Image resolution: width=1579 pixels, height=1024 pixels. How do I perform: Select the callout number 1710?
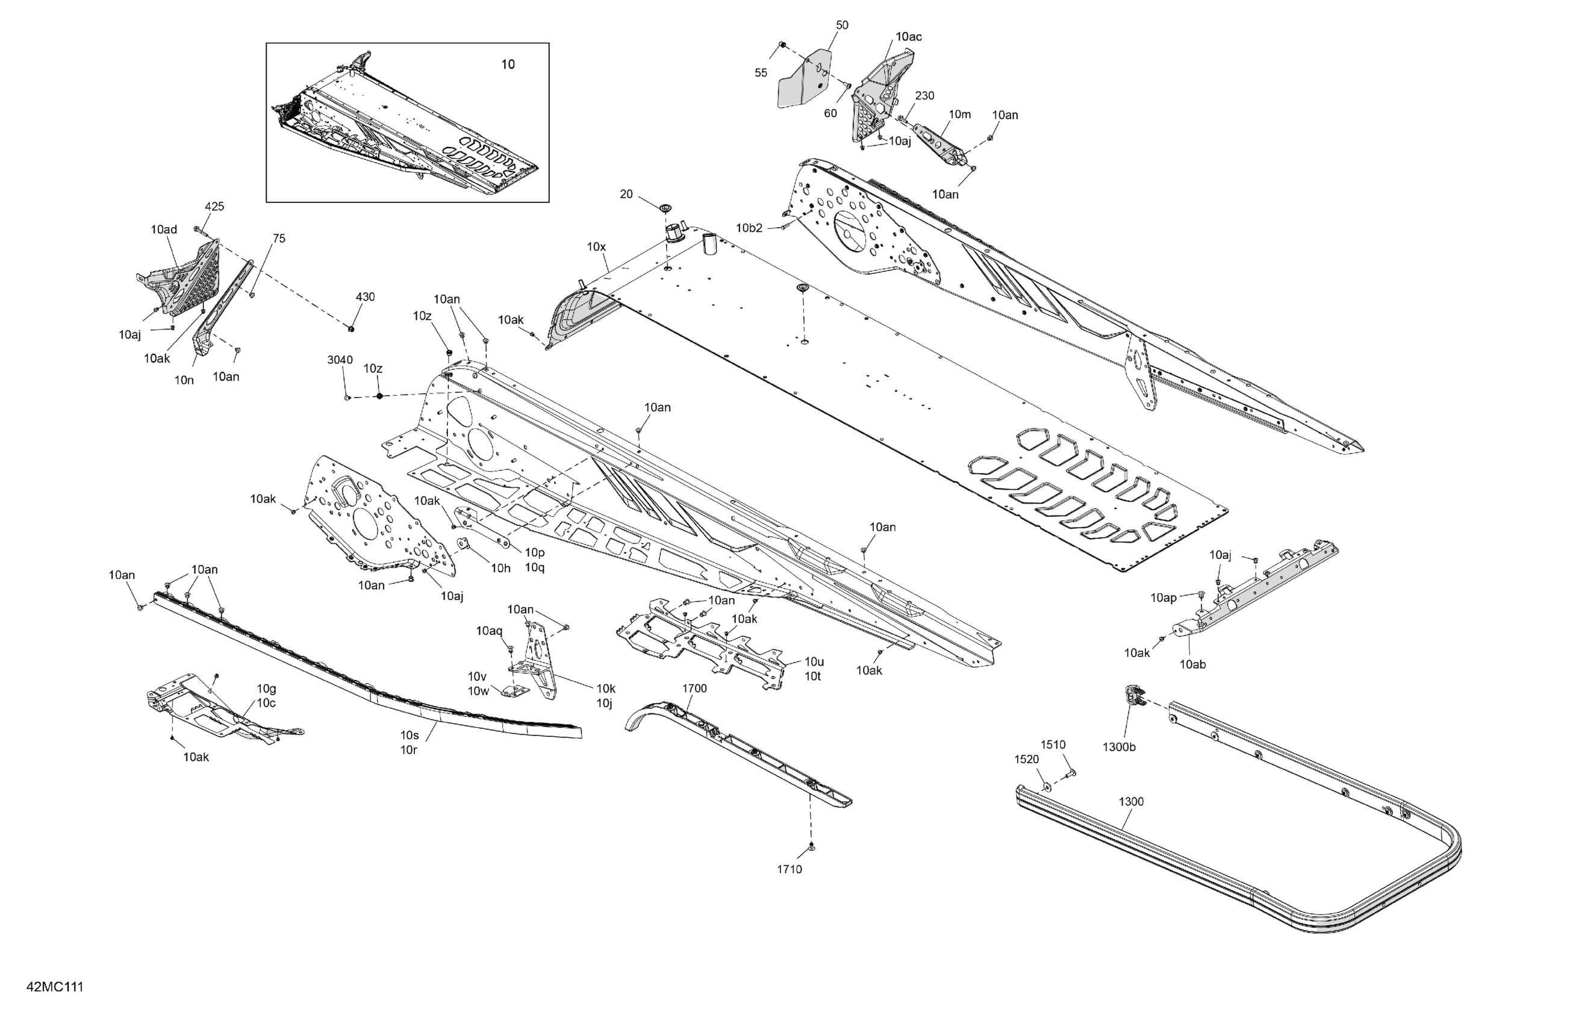pyautogui.click(x=789, y=869)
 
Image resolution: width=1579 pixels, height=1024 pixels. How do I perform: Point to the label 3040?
pyautogui.click(x=340, y=360)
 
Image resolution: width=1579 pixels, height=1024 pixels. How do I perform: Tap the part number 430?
pyautogui.click(x=365, y=296)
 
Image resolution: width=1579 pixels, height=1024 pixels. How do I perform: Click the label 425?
pyautogui.click(x=214, y=207)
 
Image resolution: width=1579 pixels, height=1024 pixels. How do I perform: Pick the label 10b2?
pyautogui.click(x=749, y=228)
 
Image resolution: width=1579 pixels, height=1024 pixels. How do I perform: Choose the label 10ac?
pyautogui.click(x=908, y=37)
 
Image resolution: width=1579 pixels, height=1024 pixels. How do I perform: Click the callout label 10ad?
pyautogui.click(x=164, y=229)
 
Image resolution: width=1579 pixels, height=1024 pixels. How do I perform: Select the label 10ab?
pyautogui.click(x=1192, y=664)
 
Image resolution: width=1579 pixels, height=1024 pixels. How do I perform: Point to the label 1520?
pyautogui.click(x=1026, y=759)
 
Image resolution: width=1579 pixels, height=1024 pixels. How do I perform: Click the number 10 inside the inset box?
pyautogui.click(x=508, y=64)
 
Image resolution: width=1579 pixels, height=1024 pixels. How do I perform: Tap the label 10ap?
pyautogui.click(x=1163, y=598)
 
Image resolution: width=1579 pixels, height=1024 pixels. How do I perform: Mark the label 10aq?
pyautogui.click(x=489, y=631)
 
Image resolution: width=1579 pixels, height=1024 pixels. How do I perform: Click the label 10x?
pyautogui.click(x=596, y=247)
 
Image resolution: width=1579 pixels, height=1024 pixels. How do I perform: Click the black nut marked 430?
pyautogui.click(x=351, y=328)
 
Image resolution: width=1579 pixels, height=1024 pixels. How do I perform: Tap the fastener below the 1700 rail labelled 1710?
pyautogui.click(x=811, y=847)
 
